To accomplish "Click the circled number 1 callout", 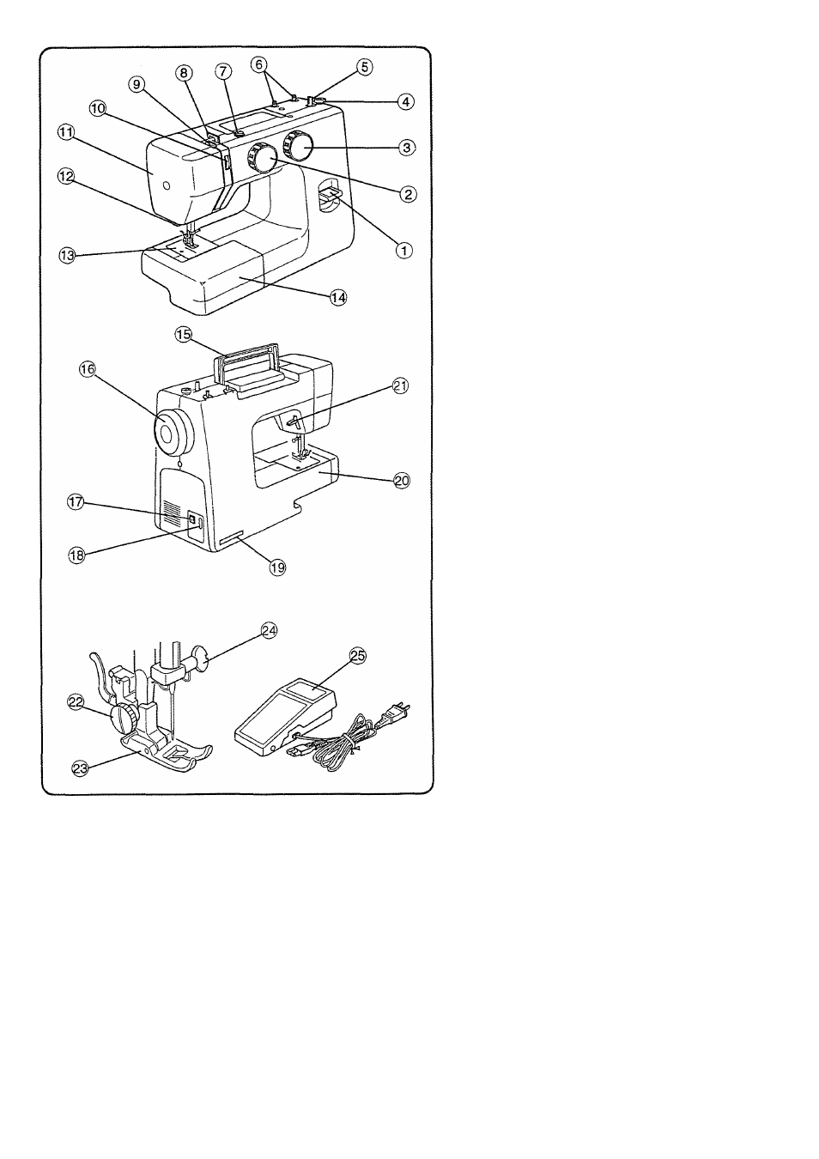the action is coord(404,251).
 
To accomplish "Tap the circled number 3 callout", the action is coord(407,148).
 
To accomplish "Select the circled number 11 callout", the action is coord(66,132).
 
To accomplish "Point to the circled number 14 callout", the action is coord(338,298).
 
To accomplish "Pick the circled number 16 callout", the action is coord(88,369).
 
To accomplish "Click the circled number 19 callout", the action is coord(278,567).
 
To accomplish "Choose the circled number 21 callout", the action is coord(400,386).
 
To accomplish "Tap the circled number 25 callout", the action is coord(358,656).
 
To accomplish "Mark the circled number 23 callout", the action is coord(80,769).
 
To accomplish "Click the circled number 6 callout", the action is coord(259,64).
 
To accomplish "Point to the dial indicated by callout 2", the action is coord(262,157).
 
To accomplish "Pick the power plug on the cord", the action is coord(397,713).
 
